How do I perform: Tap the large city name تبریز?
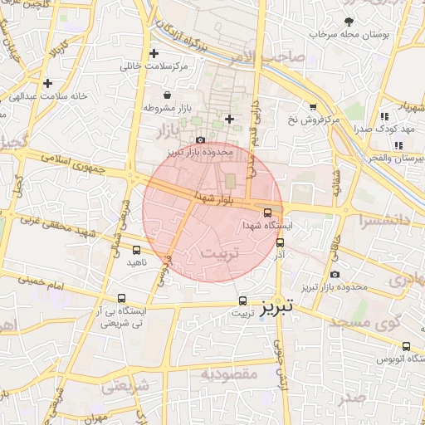[276, 307]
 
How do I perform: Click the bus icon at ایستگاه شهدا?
[277, 212]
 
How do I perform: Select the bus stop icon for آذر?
[280, 243]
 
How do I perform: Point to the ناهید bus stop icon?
[136, 250]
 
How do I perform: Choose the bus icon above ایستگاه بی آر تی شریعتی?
[122, 299]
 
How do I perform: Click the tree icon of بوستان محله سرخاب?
[349, 22]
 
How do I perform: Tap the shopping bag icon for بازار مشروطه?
[169, 95]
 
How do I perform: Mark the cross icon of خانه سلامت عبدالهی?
[48, 83]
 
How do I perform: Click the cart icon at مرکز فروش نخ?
[312, 107]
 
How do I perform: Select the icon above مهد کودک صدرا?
[383, 117]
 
